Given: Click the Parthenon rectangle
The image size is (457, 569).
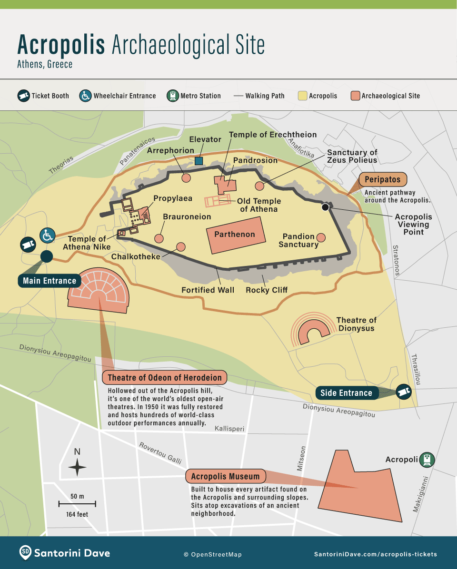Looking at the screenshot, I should (234, 234).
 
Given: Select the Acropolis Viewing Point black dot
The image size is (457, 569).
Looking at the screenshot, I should (325, 207).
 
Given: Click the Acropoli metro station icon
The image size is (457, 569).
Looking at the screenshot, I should (428, 460).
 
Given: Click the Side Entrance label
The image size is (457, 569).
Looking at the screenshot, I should (346, 393).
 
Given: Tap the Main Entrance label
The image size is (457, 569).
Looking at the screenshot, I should (50, 281).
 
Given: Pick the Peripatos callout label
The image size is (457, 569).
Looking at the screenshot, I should (383, 180).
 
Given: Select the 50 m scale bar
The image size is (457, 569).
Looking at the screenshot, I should (77, 503).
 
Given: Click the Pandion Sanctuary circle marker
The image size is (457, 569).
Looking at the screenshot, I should (321, 237).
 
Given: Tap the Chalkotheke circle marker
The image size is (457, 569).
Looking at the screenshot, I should (180, 246).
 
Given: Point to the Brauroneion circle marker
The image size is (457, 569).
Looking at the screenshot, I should (159, 238).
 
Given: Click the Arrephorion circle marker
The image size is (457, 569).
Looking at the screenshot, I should (186, 177).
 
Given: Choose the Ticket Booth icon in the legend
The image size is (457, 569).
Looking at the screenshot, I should (23, 96).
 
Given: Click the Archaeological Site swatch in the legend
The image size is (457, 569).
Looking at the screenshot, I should (355, 96).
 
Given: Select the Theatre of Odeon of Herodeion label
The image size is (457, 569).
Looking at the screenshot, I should (165, 378).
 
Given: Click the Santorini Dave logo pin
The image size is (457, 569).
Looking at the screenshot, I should (26, 553).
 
